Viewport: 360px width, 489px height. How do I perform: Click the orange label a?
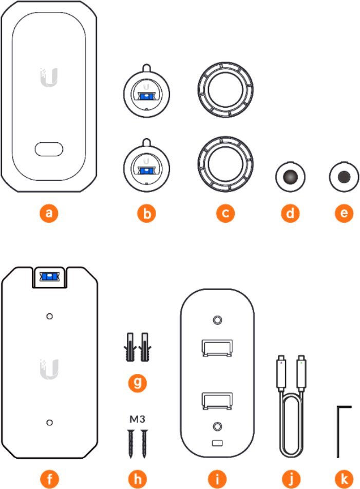pyautogui.click(x=49, y=213)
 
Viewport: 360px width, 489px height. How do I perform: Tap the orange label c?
pyautogui.click(x=225, y=213)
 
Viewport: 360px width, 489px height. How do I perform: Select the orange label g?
pyautogui.click(x=138, y=382)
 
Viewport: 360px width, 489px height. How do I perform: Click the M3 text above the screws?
pyautogui.click(x=138, y=420)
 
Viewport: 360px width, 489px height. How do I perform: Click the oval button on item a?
pyautogui.click(x=49, y=149)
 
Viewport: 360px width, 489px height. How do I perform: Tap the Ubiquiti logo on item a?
pyautogui.click(x=49, y=77)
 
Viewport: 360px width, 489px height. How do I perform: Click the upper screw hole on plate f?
pyautogui.click(x=49, y=316)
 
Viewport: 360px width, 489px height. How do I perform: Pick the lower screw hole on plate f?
pyautogui.click(x=49, y=423)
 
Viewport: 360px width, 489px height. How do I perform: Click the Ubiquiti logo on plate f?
pyautogui.click(x=49, y=369)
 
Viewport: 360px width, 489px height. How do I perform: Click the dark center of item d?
pyautogui.click(x=290, y=177)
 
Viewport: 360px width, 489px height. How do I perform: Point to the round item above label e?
pyautogui.click(x=344, y=177)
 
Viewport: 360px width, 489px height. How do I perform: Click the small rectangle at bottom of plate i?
pyautogui.click(x=217, y=443)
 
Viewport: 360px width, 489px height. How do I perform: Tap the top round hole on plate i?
pyautogui.click(x=217, y=319)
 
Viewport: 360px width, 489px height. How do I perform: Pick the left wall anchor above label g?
pyautogui.click(x=130, y=347)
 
